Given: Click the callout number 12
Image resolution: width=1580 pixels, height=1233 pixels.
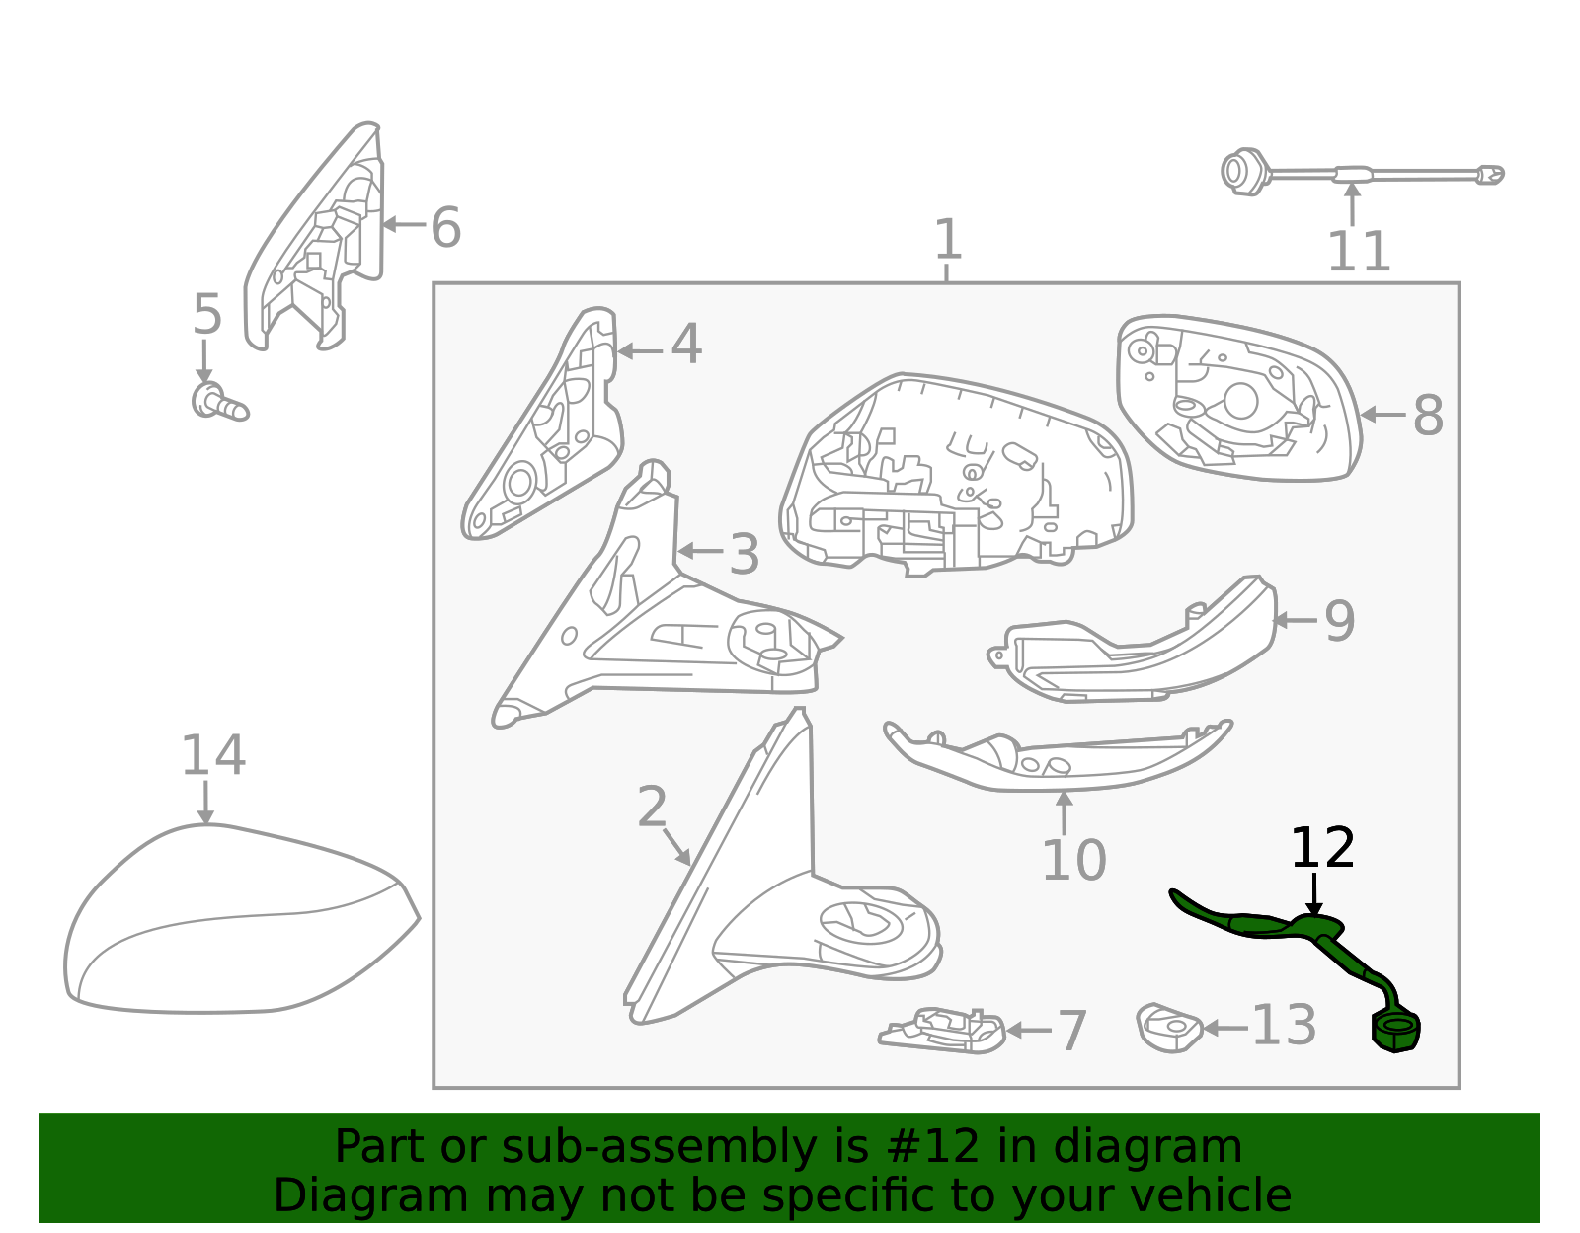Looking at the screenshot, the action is tap(1322, 848).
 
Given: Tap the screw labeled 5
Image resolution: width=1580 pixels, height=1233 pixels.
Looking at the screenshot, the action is tap(219, 402).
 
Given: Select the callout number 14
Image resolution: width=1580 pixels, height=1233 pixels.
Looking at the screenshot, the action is tap(212, 755).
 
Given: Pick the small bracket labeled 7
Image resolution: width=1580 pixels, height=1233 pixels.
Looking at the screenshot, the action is tap(942, 1031).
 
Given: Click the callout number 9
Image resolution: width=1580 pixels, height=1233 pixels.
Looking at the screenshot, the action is tap(1339, 621).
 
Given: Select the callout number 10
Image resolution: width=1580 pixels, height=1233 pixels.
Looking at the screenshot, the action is tap(1073, 861).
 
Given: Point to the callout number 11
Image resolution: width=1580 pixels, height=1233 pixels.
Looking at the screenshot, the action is tap(1358, 252).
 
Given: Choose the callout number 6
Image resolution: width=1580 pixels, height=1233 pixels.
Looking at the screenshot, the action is tap(445, 227).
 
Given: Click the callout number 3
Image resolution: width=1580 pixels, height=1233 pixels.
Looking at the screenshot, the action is tap(744, 555).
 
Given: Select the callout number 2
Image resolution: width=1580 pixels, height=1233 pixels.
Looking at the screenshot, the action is tap(652, 806).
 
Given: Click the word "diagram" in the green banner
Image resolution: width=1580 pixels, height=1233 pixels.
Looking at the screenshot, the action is tap(1146, 1146).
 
